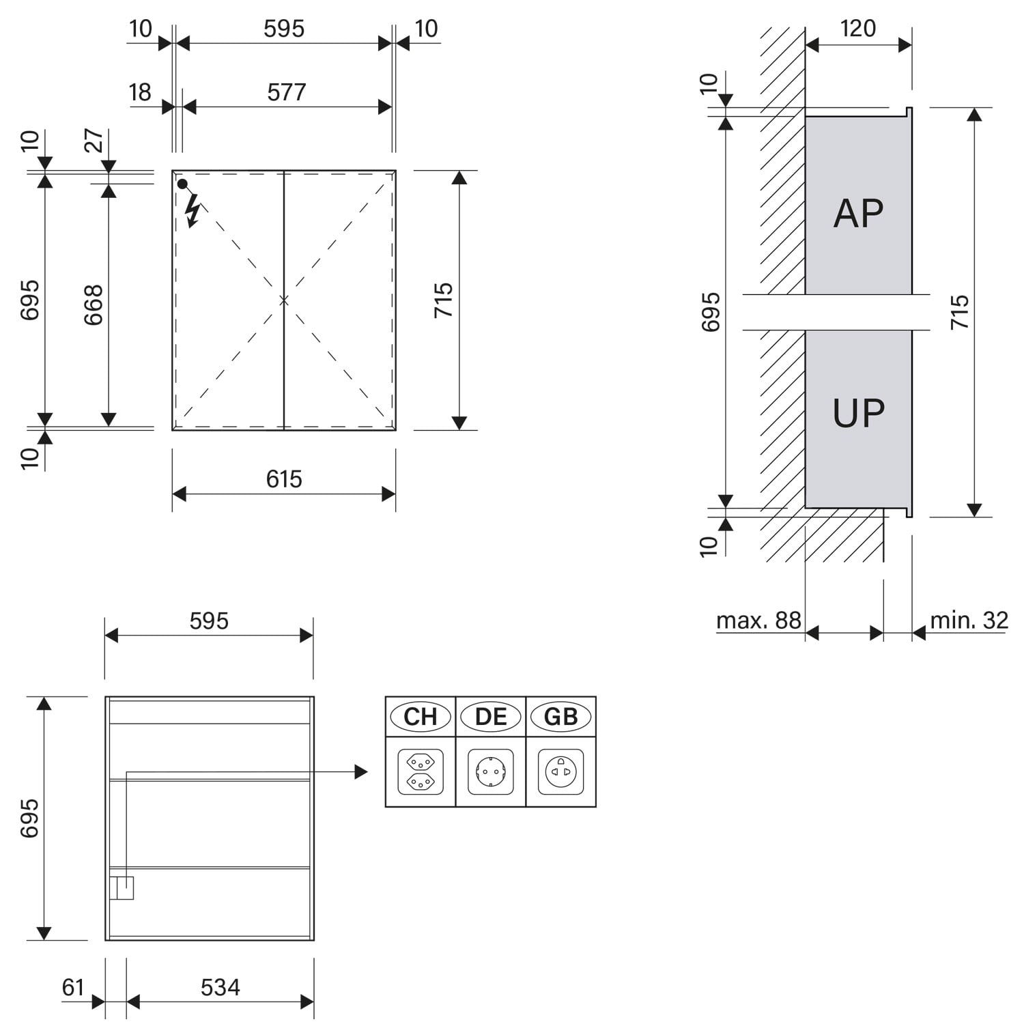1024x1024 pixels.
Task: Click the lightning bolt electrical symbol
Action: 193,210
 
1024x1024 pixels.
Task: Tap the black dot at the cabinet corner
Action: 182,184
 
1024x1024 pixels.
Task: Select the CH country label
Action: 421,717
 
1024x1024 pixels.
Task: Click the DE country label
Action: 491,717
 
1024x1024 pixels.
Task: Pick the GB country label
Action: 561,717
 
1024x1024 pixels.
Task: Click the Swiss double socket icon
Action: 421,772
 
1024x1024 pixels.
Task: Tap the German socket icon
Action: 491,772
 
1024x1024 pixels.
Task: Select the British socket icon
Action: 561,772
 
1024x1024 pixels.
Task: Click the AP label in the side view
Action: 859,214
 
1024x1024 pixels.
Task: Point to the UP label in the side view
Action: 859,413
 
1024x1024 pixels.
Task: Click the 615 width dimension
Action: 284,479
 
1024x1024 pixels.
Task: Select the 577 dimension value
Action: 287,92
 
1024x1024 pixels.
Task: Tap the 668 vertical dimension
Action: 93,304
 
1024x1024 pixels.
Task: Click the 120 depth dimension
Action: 858,28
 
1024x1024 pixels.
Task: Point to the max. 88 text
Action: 758,620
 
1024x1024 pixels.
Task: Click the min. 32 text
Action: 969,620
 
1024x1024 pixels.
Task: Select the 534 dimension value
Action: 221,987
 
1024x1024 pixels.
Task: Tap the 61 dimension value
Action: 73,987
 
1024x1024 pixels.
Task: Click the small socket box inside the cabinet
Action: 122,888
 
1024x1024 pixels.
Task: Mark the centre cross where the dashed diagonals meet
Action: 284,300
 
